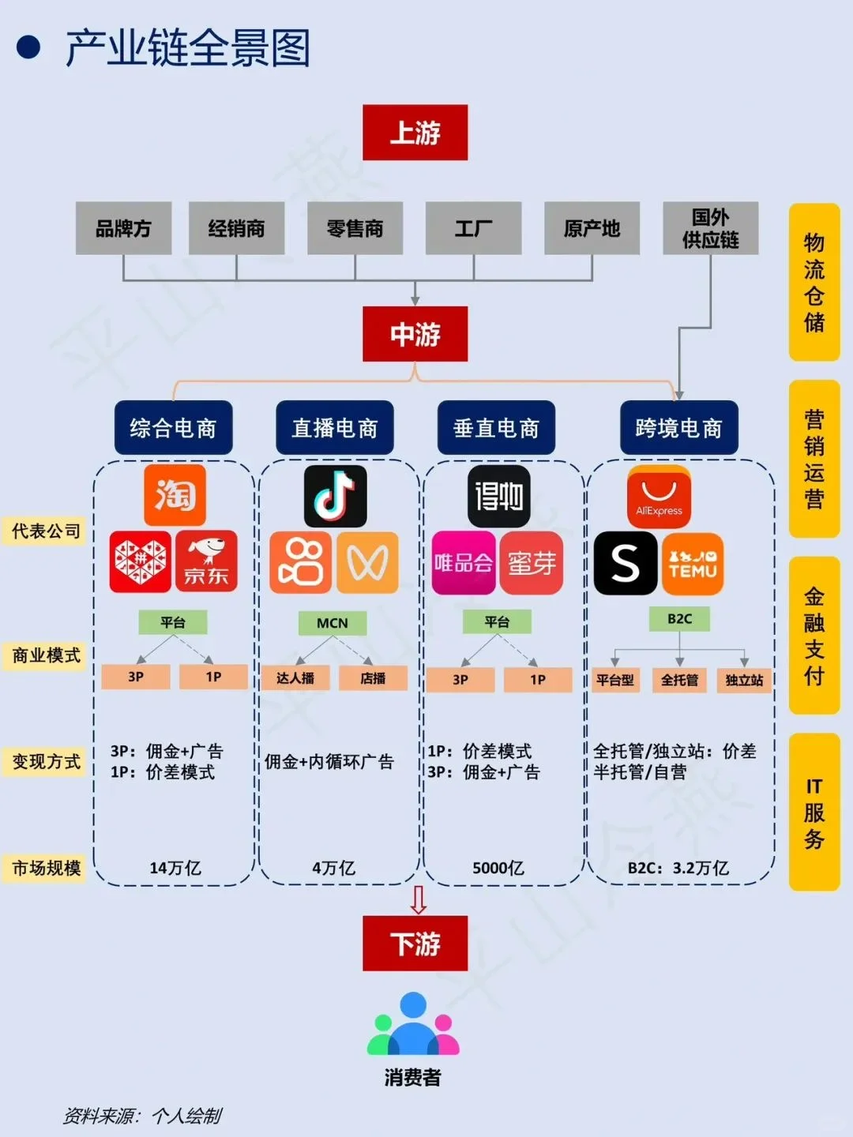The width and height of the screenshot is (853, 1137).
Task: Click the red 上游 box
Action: coord(415,133)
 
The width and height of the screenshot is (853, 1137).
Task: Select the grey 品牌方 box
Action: coord(123,228)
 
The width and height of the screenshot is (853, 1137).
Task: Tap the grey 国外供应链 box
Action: coord(710,228)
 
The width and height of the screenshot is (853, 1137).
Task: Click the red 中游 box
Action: coord(415,334)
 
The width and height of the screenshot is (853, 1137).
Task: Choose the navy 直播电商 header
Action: coord(334,428)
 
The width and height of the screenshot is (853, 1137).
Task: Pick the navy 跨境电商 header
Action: coord(678,428)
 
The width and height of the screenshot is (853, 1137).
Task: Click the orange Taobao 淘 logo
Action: coord(175,495)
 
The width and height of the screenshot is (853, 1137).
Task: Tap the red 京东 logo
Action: coord(206,561)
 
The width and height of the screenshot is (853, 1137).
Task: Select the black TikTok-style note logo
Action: coord(335,496)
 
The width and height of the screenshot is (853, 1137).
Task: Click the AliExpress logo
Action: coord(659,497)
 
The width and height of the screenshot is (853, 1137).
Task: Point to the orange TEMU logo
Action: coord(693,563)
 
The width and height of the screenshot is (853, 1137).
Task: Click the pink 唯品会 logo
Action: coord(464,563)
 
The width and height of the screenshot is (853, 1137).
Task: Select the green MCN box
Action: coord(332,623)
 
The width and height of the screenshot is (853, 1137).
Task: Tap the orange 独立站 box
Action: coord(744,680)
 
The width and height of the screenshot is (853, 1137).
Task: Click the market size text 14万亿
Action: coord(175,868)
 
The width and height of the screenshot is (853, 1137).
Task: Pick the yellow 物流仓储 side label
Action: coord(814,282)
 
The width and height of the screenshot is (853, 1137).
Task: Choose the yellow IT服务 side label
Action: coord(814,812)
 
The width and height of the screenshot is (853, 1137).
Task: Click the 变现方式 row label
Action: coord(45,762)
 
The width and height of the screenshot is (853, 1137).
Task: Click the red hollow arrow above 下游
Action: coord(419,899)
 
